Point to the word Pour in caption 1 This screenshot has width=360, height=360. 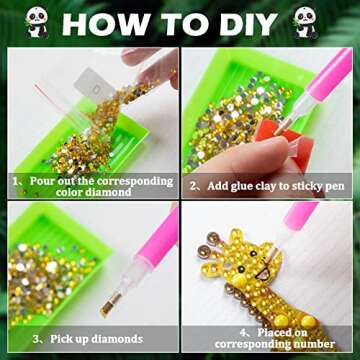coord(47,180)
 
